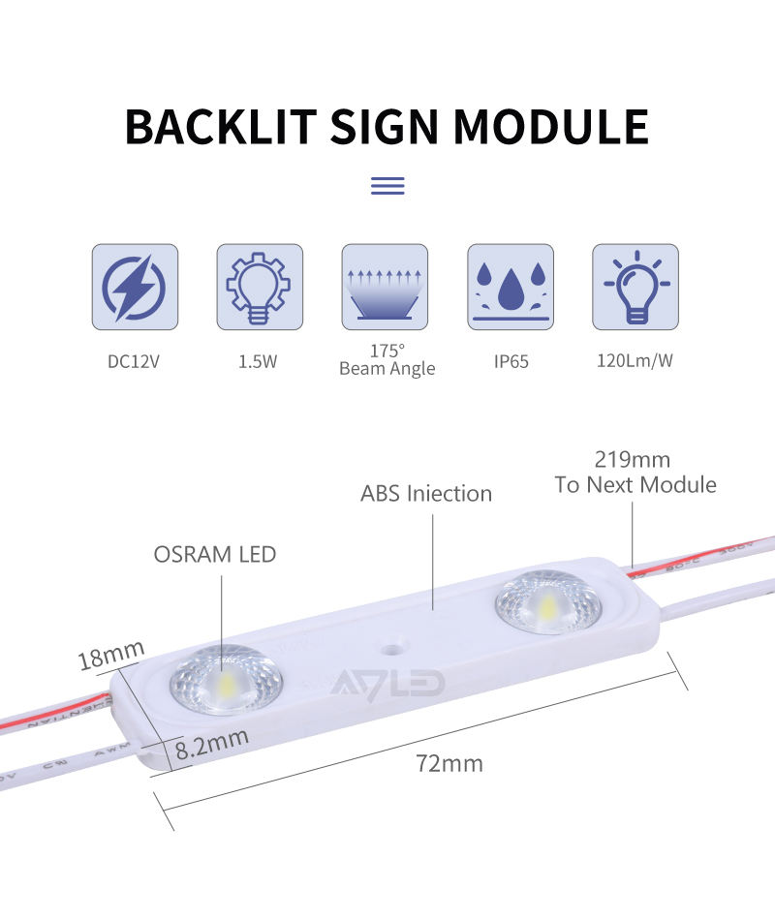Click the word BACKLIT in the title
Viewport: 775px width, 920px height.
point(221,127)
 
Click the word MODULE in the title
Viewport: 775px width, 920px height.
point(551,127)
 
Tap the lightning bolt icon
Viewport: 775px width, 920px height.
point(135,288)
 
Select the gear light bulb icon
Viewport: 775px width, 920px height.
point(260,288)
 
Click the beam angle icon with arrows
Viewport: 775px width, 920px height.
point(385,288)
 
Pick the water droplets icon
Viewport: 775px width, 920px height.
point(511,288)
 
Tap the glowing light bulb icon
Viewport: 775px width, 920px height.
point(635,288)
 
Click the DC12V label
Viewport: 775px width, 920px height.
point(135,362)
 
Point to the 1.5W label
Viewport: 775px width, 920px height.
point(259,362)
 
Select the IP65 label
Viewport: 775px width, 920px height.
point(511,362)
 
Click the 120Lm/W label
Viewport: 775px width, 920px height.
point(635,362)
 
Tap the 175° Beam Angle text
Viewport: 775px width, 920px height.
point(387,359)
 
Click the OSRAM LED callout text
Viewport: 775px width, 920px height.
point(215,555)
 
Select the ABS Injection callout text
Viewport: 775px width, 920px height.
point(426,494)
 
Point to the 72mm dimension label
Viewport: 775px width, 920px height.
point(449,763)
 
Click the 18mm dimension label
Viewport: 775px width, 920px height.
point(110,656)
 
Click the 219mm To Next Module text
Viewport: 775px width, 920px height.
point(635,472)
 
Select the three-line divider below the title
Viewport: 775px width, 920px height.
point(387,186)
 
